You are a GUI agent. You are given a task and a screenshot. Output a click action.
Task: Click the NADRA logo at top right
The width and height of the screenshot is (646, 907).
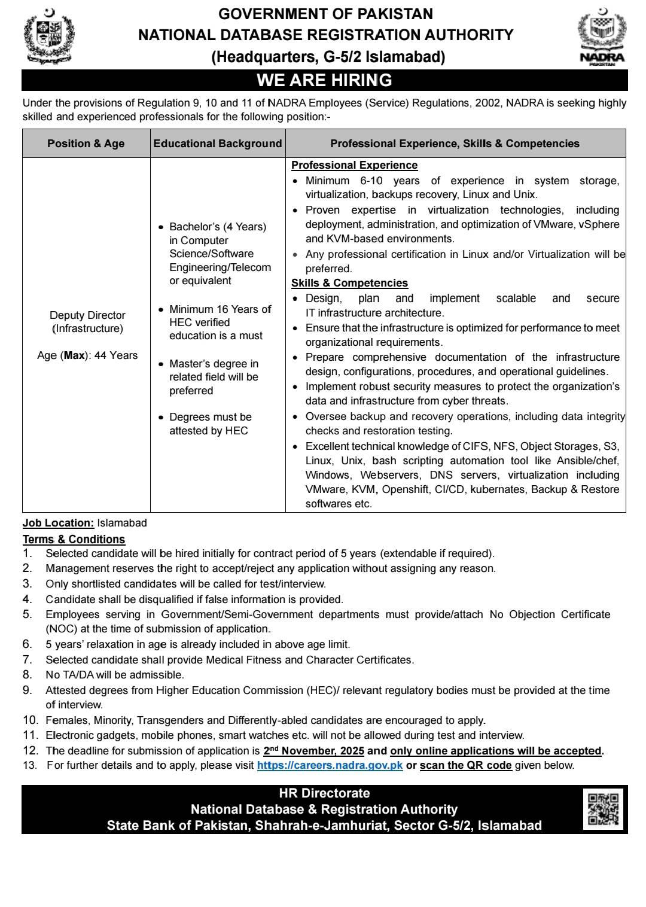(x=602, y=37)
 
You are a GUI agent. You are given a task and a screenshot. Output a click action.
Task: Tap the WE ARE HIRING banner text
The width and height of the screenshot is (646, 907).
(x=324, y=80)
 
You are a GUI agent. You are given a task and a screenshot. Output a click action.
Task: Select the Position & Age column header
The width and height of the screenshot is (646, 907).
(x=86, y=144)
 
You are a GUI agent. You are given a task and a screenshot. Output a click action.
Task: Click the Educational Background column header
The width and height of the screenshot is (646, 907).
(x=218, y=144)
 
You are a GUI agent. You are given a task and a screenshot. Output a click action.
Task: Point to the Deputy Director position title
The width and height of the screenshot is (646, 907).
(x=87, y=315)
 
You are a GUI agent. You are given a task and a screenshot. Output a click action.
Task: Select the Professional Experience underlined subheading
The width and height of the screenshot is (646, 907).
(x=354, y=165)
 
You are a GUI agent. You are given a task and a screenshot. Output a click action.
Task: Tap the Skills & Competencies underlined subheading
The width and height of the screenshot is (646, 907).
(x=349, y=283)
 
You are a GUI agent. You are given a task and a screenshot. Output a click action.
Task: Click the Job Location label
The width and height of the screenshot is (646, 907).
(x=58, y=523)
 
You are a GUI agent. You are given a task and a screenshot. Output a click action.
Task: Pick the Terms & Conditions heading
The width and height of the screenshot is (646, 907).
(x=74, y=539)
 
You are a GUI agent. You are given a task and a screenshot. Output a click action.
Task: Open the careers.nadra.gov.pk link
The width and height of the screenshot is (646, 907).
(x=330, y=765)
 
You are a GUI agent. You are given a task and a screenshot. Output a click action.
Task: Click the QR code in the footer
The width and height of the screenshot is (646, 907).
(x=603, y=808)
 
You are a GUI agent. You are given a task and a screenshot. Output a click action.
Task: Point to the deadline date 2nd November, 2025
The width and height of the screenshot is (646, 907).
(x=313, y=751)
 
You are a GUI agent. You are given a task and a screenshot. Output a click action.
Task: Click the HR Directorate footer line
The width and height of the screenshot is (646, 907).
(x=324, y=793)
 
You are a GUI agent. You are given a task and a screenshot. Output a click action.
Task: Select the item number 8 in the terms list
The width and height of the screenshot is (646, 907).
(x=27, y=675)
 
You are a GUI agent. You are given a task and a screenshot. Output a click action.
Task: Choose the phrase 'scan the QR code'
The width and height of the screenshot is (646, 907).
(x=465, y=765)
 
